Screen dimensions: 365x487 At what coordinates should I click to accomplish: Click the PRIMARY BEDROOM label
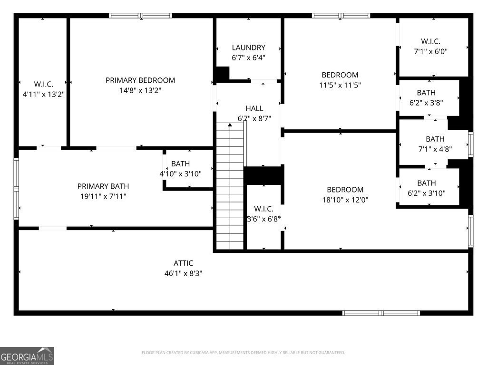140,80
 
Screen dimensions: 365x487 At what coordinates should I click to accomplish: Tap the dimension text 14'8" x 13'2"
140,90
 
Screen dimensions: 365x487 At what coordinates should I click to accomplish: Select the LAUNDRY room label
248,48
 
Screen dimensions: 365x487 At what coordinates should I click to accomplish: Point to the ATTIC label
183,263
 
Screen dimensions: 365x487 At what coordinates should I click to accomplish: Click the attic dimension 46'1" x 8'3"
183,273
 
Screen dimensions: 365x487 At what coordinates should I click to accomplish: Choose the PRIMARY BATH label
103,186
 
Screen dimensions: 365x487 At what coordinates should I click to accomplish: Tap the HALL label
254,109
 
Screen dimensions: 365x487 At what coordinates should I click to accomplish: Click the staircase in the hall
230,185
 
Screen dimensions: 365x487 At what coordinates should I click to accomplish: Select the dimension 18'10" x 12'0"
345,200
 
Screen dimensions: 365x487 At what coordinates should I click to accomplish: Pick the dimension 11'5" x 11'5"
340,85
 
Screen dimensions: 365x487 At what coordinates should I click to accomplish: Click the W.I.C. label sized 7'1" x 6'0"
430,41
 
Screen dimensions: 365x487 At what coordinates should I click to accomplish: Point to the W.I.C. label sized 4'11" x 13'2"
43,84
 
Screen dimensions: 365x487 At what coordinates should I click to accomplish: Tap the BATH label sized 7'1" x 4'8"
435,139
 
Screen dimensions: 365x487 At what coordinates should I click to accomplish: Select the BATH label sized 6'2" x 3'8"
426,93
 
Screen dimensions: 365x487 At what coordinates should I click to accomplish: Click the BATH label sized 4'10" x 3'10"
180,164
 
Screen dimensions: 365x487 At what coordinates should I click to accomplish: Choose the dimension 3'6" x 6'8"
263,219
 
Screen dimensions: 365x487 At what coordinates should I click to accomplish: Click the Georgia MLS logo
27,355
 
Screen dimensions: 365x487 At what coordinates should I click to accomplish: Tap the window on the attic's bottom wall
381,313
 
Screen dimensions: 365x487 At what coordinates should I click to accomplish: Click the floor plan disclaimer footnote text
243,353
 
